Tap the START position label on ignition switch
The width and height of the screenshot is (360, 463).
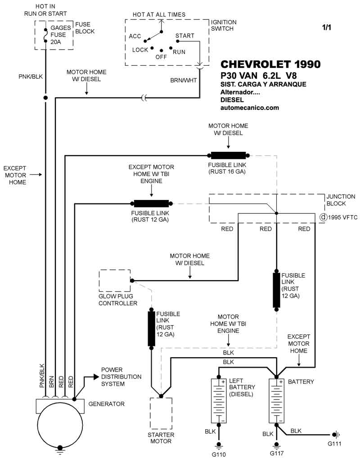tap(185, 36)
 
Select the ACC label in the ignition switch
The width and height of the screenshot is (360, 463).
tap(135, 36)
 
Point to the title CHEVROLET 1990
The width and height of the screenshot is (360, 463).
tap(270, 64)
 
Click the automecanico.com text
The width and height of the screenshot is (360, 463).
tap(250, 108)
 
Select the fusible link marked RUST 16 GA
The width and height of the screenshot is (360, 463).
tap(228, 155)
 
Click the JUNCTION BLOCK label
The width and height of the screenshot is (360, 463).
tap(341, 200)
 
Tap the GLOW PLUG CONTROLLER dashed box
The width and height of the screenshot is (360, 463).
tap(114, 281)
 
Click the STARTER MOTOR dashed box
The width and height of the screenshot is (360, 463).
tap(160, 413)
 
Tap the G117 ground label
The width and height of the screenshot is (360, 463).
tap(277, 453)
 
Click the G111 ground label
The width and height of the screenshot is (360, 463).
tap(334, 445)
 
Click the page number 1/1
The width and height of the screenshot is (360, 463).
tap(326, 27)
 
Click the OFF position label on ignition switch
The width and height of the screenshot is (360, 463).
tap(161, 57)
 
